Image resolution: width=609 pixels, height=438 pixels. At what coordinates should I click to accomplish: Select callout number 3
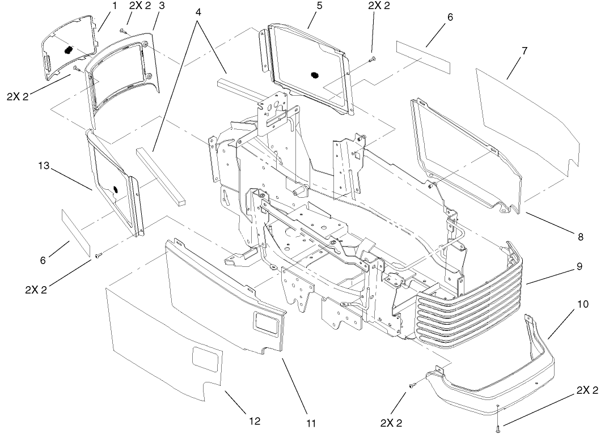coord(162,6)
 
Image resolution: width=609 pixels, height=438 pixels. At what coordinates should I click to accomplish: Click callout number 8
coord(580,237)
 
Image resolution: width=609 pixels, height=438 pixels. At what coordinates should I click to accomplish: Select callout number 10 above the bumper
coord(582,304)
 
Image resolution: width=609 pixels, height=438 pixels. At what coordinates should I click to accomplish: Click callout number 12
coord(255,421)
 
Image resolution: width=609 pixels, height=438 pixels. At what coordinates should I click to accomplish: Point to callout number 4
coord(198,11)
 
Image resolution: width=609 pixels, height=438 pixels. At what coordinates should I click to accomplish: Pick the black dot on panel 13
coord(116,189)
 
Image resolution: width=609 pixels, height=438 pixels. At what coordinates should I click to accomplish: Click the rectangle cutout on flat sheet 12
coord(206,359)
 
